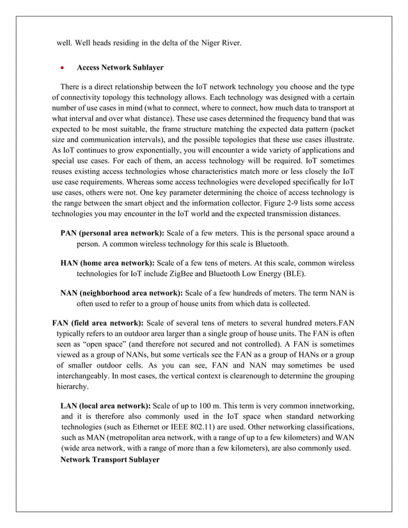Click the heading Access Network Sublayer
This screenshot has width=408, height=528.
pos(120,67)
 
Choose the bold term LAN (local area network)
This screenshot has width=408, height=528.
pos(106,405)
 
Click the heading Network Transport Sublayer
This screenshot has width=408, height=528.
pos(109,460)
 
